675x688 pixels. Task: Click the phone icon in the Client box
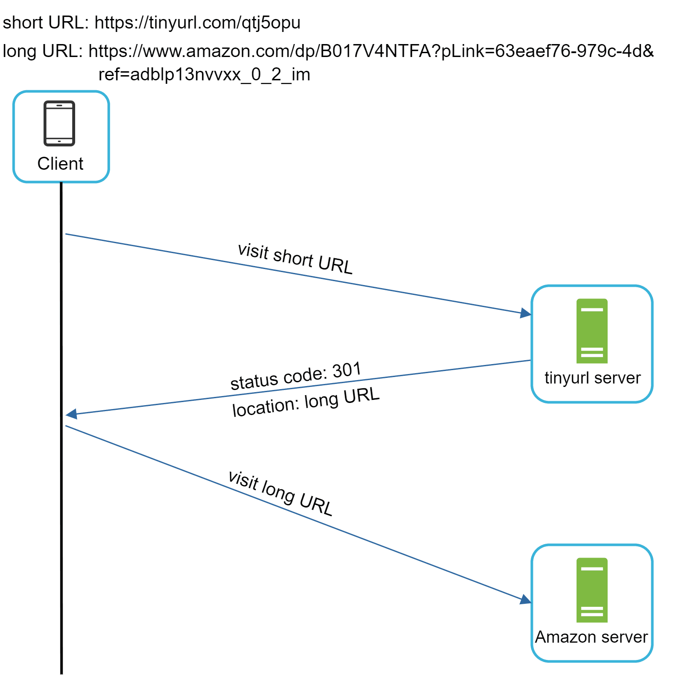(x=60, y=124)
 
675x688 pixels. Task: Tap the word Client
(x=60, y=164)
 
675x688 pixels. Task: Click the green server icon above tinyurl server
(x=592, y=331)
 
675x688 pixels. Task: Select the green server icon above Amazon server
(x=592, y=590)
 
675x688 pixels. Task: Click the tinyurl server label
(x=592, y=378)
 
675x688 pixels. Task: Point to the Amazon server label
(x=591, y=637)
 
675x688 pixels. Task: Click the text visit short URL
(x=295, y=259)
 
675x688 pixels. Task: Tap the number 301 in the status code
(x=346, y=371)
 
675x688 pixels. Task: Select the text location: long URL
(x=306, y=402)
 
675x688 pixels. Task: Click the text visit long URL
(x=280, y=493)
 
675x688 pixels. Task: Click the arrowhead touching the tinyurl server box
(x=526, y=313)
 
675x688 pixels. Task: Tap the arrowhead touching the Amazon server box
(x=526, y=599)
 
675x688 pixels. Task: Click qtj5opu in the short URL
(x=271, y=23)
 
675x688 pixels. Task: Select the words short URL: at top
(x=45, y=23)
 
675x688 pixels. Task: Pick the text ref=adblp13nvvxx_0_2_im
(x=204, y=74)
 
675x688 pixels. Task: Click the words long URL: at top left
(x=42, y=51)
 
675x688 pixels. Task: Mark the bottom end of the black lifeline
(x=62, y=672)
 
